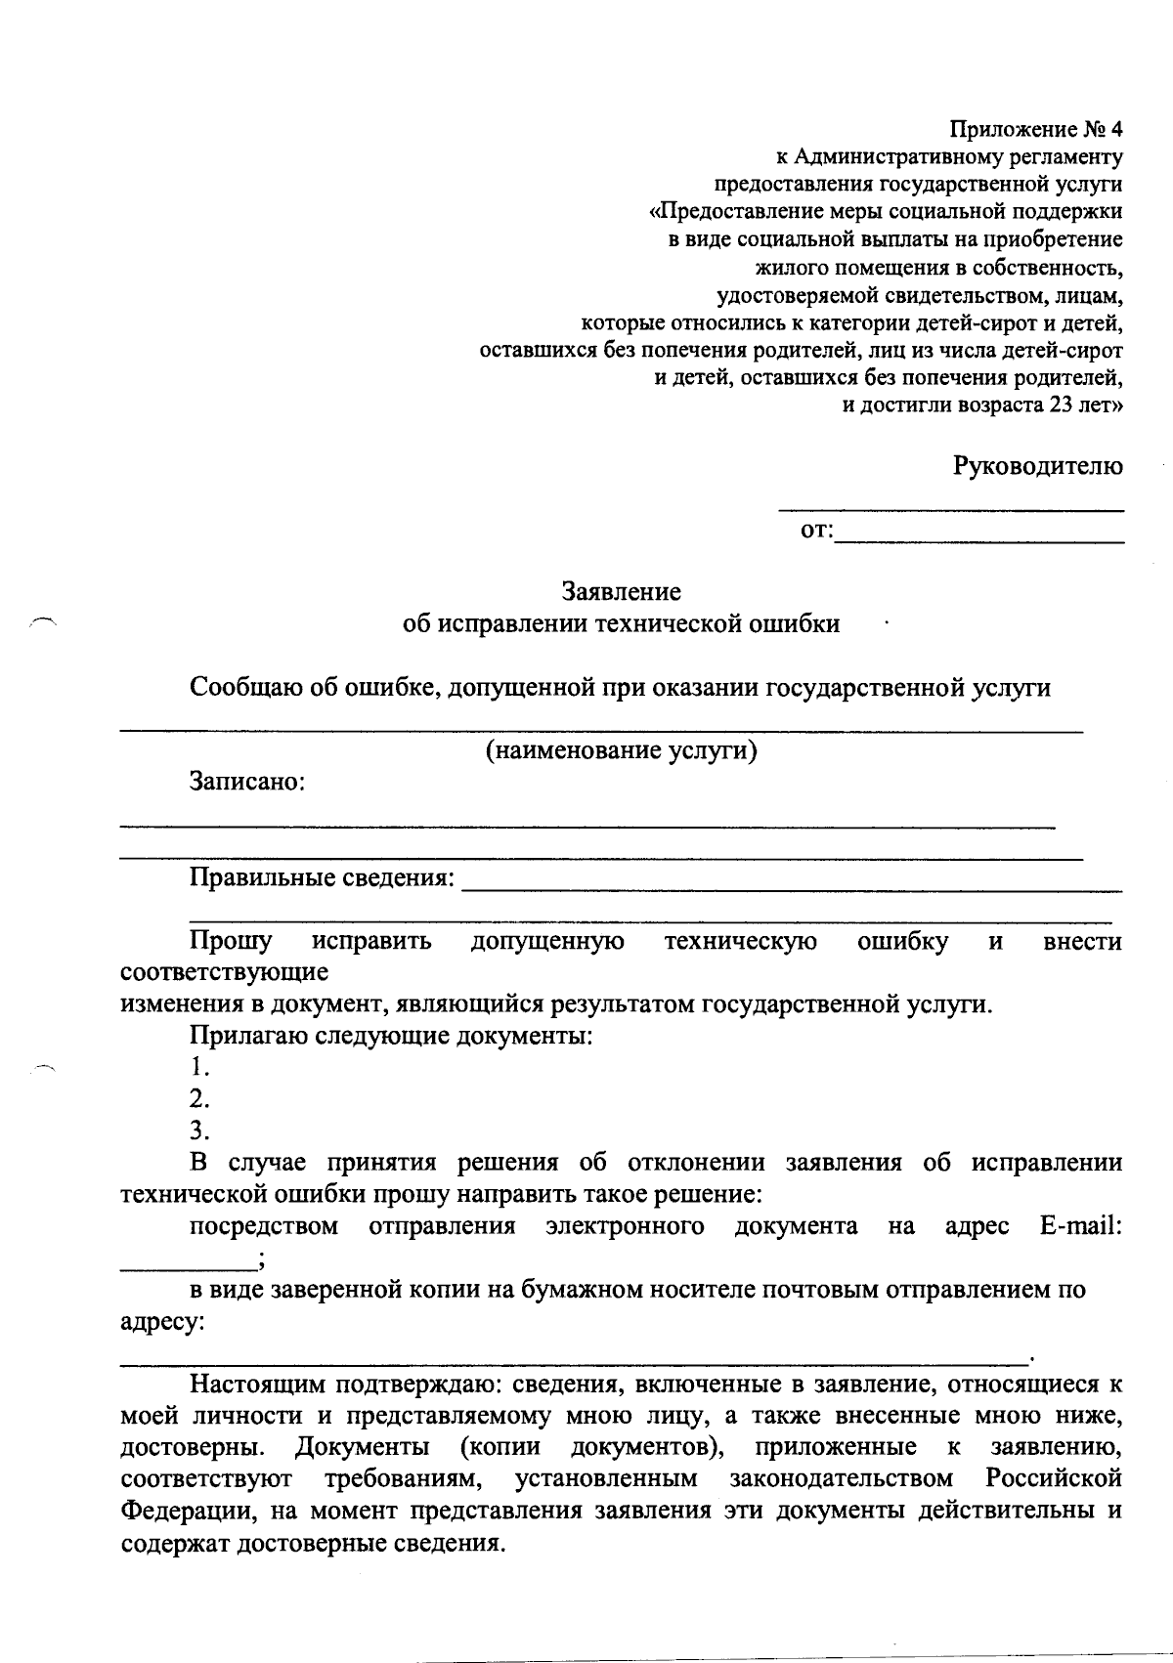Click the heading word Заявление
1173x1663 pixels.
click(x=621, y=592)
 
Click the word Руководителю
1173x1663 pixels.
click(x=1038, y=466)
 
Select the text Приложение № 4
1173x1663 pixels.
click(x=1036, y=129)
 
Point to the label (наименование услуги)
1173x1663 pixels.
click(x=622, y=750)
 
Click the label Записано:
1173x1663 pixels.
click(x=247, y=783)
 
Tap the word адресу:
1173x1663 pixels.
click(x=162, y=1323)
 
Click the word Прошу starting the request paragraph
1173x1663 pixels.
click(x=231, y=942)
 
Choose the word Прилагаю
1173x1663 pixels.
click(x=247, y=1036)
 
